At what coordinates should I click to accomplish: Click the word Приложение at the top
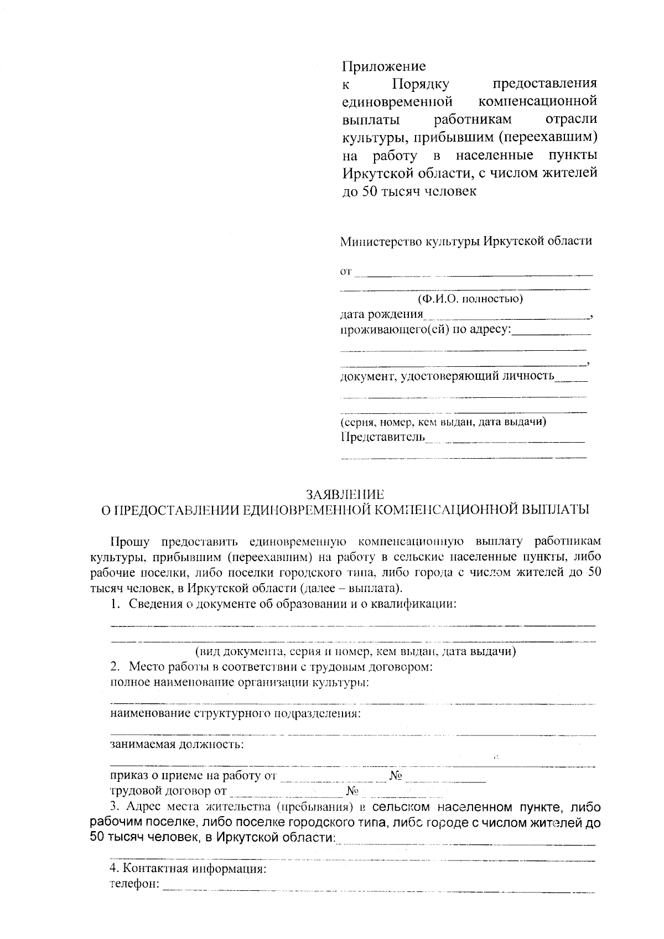(383, 66)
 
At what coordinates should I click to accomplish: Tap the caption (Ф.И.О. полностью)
(470, 299)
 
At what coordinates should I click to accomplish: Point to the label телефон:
(135, 884)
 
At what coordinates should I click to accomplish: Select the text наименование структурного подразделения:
(236, 713)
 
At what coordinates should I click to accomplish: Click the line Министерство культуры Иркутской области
(466, 241)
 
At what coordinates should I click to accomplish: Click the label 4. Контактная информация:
(188, 869)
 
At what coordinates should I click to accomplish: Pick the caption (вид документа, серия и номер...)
(355, 651)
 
